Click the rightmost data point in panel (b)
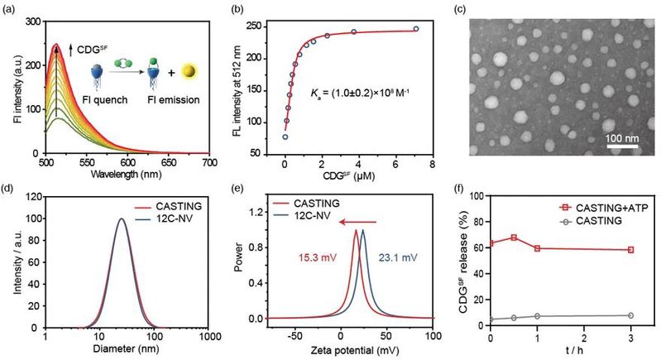click(416, 29)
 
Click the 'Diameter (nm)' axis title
click(127, 348)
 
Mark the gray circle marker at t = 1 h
click(538, 316)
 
